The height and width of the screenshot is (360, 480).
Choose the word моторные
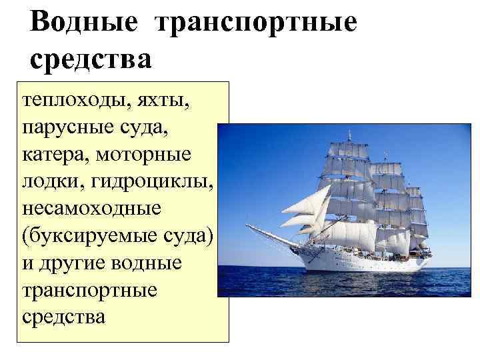143,154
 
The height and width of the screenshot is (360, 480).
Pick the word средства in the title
91,59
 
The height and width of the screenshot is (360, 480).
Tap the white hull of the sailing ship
373,263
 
